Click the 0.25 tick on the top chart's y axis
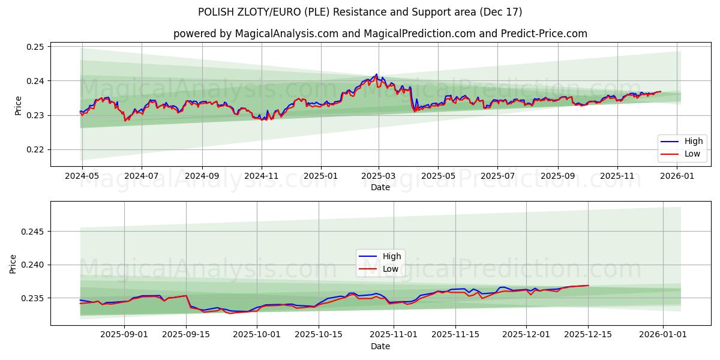pos(36,47)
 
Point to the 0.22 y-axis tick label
pos(36,150)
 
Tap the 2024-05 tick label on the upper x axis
pos(82,176)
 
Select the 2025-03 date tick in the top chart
pos(379,176)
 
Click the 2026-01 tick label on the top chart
pos(677,176)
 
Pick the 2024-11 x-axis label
pos(261,176)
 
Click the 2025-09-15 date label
pos(186,335)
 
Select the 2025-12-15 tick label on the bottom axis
pos(588,335)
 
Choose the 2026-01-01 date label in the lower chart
pos(663,335)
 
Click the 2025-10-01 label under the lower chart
pos(257,335)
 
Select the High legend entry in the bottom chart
pos(392,257)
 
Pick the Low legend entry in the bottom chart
pos(391,269)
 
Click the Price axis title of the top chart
pos(18,106)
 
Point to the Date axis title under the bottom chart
pos(380,346)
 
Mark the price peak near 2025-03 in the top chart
pos(376,74)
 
